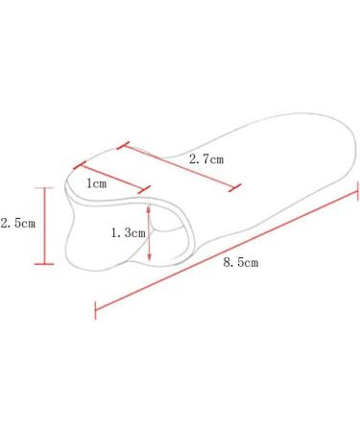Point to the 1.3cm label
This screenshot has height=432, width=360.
pyautogui.click(x=129, y=232)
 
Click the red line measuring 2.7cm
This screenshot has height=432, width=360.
pyautogui.click(x=180, y=167)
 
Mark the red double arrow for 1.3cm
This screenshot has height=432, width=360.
pyautogui.click(x=149, y=232)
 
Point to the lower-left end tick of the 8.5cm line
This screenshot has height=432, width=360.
pyautogui.click(x=94, y=309)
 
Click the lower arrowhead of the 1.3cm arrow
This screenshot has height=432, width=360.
pyautogui.click(x=149, y=258)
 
